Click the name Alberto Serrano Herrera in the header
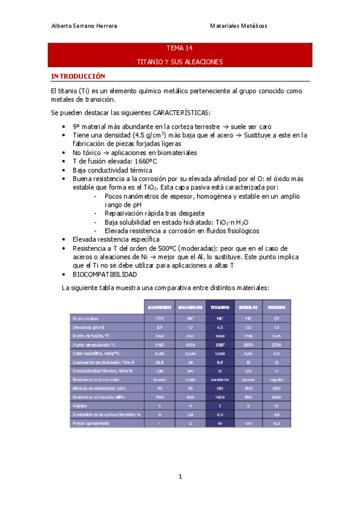tap(84, 26)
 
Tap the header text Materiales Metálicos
tap(238, 26)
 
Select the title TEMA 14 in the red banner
tap(180, 48)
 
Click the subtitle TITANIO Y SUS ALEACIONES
tap(180, 61)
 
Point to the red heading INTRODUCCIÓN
tap(78, 76)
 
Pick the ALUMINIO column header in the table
tap(160, 306)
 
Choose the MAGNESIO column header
tap(190, 306)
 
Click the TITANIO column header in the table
tap(220, 306)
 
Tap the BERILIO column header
tap(248, 306)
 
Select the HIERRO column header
tap(276, 306)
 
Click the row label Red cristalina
tap(85, 318)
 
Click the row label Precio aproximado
tap(88, 423)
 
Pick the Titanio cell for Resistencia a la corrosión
tap(220, 379)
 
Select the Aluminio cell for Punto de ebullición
tap(160, 344)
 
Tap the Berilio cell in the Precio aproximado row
tap(248, 423)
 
